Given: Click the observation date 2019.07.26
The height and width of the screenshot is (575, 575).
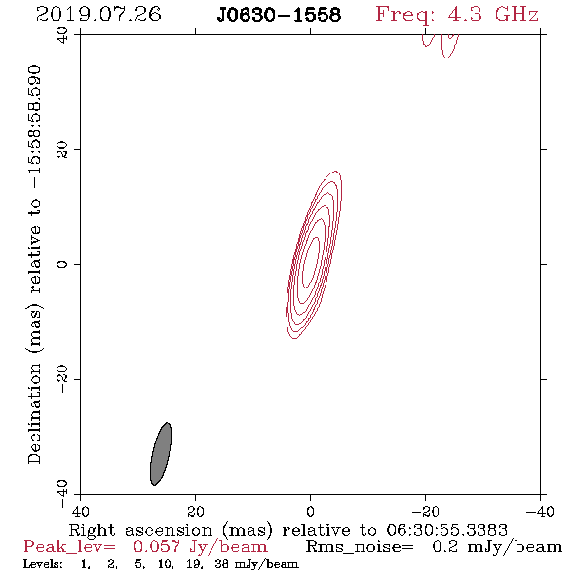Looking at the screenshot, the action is click(98, 15).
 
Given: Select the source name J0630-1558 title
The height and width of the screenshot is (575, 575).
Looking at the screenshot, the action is click(279, 16).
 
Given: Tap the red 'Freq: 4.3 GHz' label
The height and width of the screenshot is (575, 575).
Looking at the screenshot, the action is click(457, 15).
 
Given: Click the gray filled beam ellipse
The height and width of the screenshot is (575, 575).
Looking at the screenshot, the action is click(161, 454).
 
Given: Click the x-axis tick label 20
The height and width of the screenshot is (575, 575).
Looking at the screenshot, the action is click(195, 512).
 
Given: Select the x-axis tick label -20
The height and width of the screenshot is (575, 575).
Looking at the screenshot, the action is click(425, 512).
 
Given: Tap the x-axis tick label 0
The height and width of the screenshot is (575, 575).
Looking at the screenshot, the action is click(310, 512).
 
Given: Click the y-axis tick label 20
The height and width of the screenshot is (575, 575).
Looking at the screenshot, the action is click(62, 150).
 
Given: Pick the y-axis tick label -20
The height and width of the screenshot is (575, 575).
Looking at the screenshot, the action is click(62, 379).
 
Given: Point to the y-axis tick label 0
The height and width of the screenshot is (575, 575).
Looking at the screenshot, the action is click(62, 264).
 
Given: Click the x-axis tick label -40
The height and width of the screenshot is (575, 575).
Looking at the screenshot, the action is click(540, 512).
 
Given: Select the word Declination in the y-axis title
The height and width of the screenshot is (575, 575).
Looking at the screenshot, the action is click(34, 414).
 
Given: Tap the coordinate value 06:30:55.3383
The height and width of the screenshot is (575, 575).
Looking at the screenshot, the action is click(447, 530).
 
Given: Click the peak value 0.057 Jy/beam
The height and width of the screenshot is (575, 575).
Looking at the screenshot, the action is click(200, 547).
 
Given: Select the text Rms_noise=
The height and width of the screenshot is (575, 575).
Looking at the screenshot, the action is click(360, 547).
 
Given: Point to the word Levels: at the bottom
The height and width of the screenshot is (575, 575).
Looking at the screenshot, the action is click(43, 564).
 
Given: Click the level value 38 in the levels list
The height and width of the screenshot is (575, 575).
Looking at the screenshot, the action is click(221, 564).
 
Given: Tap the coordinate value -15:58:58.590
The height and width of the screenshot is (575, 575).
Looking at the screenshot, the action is click(35, 127).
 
